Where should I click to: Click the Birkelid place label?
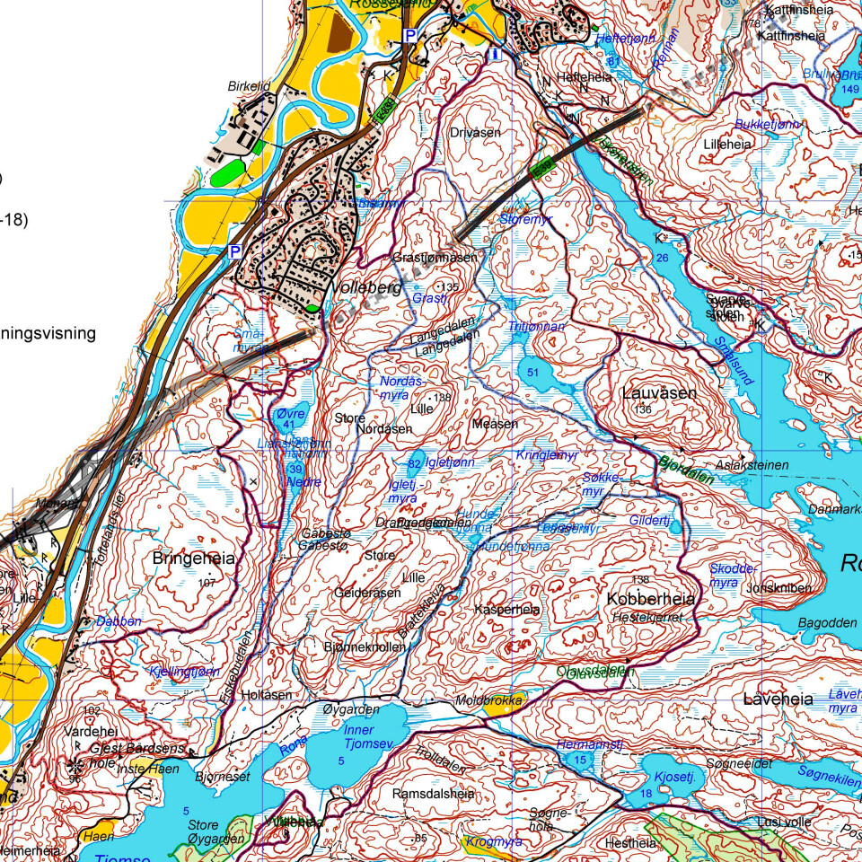pos(249,86)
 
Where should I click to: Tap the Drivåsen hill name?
pos(475,132)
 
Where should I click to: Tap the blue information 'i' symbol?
pos(494,55)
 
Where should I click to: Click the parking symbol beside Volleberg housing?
pos(234,252)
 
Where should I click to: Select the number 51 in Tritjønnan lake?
pos(534,372)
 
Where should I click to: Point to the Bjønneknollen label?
pos(358,646)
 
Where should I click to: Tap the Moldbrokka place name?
pos(488,699)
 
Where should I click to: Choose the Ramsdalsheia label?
pos(433,795)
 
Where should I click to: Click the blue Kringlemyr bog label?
pos(545,455)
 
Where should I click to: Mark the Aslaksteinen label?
pos(752,465)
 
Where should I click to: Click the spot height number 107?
pos(207,583)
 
